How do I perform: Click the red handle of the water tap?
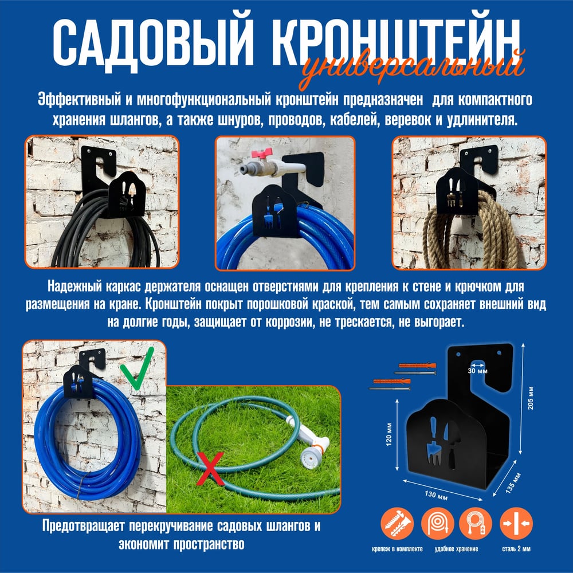262,154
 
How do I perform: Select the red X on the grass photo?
210,469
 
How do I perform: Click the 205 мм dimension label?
530,398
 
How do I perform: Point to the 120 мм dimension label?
389,433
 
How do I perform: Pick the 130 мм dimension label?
436,495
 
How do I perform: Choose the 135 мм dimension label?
513,483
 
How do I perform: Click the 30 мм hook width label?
478,371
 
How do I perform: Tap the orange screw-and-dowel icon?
397,523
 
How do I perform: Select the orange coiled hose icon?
437,523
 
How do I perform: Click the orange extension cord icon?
476,523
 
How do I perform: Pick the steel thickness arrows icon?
516,523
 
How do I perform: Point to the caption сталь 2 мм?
516,549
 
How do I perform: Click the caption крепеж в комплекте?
397,549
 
